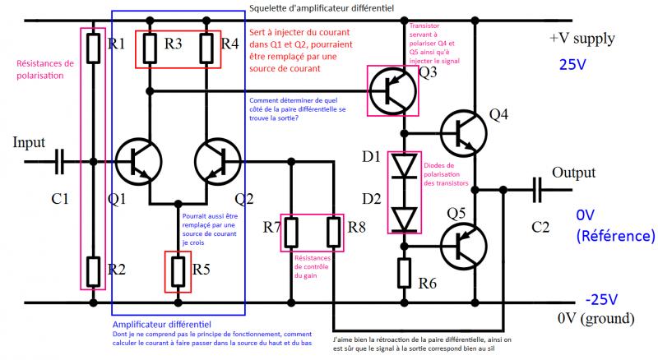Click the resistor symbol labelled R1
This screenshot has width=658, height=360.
click(93, 48)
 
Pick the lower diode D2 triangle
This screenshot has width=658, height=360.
click(404, 217)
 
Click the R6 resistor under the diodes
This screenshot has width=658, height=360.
click(404, 271)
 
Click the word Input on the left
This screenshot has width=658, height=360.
click(29, 142)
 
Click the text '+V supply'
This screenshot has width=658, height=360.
click(582, 39)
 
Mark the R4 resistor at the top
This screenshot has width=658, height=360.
click(208, 48)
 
